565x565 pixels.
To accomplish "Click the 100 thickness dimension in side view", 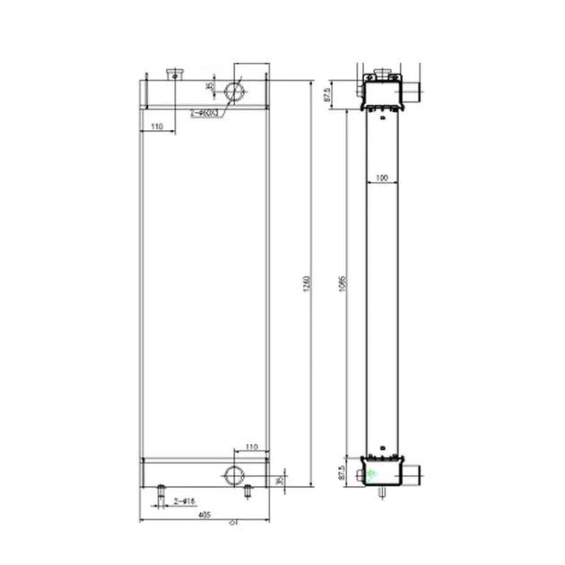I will (x=383, y=178).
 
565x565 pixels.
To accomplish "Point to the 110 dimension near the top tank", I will (x=157, y=127).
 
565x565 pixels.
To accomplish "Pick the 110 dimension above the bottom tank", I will (x=251, y=447).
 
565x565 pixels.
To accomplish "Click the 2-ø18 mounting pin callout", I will (x=185, y=500).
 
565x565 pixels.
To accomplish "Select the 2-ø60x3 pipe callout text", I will (x=205, y=113).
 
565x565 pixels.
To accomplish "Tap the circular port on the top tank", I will (x=234, y=91).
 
